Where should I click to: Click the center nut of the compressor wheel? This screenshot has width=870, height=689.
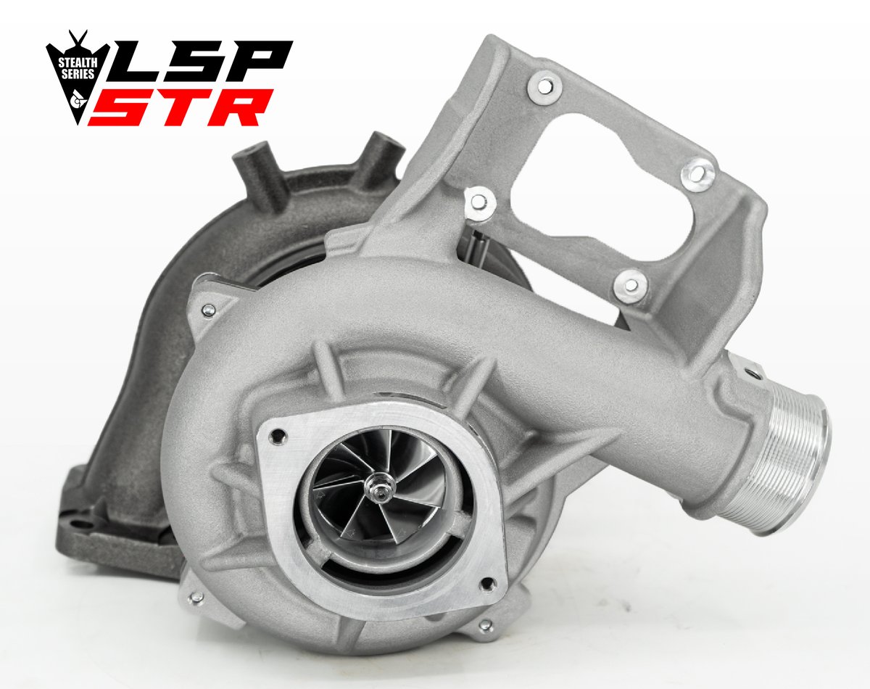(379, 494)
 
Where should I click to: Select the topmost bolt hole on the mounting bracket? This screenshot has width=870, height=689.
(546, 86)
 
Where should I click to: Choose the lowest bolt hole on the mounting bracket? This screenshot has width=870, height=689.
(629, 285)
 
